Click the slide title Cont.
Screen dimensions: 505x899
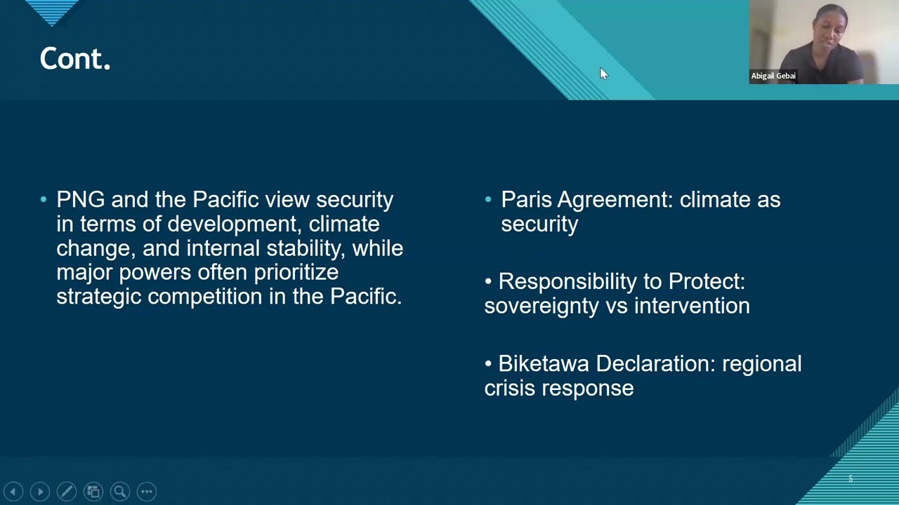[75, 59]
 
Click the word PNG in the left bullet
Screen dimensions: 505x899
[80, 200]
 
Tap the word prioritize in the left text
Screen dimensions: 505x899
[296, 272]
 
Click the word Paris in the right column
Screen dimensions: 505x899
[526, 200]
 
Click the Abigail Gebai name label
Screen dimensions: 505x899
[773, 76]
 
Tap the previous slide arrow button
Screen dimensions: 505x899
[13, 492]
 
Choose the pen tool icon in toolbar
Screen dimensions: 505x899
[67, 492]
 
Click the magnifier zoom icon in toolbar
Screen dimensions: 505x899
[120, 492]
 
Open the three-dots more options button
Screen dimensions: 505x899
[147, 492]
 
